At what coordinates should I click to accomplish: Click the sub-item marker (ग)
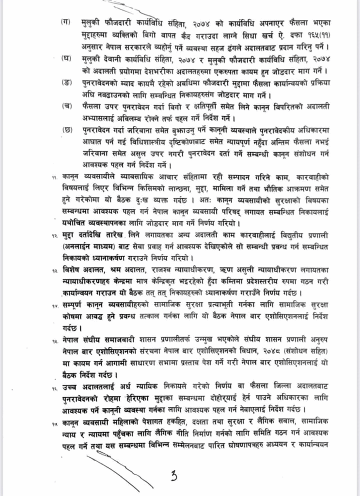pos(66,22)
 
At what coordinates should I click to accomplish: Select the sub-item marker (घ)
pos(66,58)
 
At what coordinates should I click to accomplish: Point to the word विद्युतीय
pos(283,235)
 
